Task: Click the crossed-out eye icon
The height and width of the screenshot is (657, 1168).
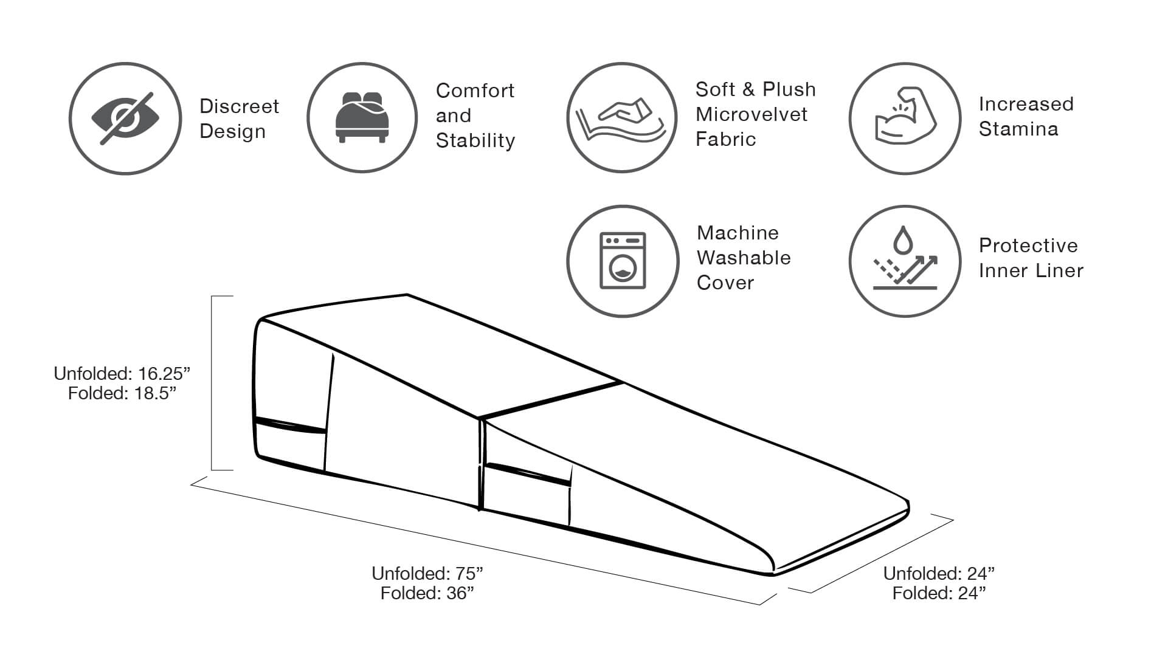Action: point(125,119)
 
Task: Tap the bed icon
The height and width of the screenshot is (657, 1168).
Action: point(362,118)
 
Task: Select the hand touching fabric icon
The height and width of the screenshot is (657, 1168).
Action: point(621,118)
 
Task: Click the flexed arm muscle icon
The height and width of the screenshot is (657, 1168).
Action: point(905,118)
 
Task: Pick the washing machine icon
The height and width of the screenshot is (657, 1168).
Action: point(623,261)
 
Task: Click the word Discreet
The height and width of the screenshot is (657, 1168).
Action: point(239,106)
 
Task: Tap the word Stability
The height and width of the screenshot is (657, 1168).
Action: point(475,140)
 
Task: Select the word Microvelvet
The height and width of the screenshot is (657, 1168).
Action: point(752,114)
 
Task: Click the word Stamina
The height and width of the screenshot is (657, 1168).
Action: point(1018,129)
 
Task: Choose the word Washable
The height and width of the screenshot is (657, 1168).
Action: point(744,258)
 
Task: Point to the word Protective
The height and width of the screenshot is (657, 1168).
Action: point(1028,246)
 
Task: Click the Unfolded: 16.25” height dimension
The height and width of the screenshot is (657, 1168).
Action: point(122,373)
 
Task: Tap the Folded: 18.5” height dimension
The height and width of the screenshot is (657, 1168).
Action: point(122,393)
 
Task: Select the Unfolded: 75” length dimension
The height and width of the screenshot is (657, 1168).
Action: point(427,573)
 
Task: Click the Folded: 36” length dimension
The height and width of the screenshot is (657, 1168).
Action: point(427,593)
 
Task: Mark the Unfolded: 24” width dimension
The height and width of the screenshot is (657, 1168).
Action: point(939,573)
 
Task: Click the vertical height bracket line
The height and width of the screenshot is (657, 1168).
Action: point(212,383)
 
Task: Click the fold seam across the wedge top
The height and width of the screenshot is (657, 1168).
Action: point(550,400)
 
